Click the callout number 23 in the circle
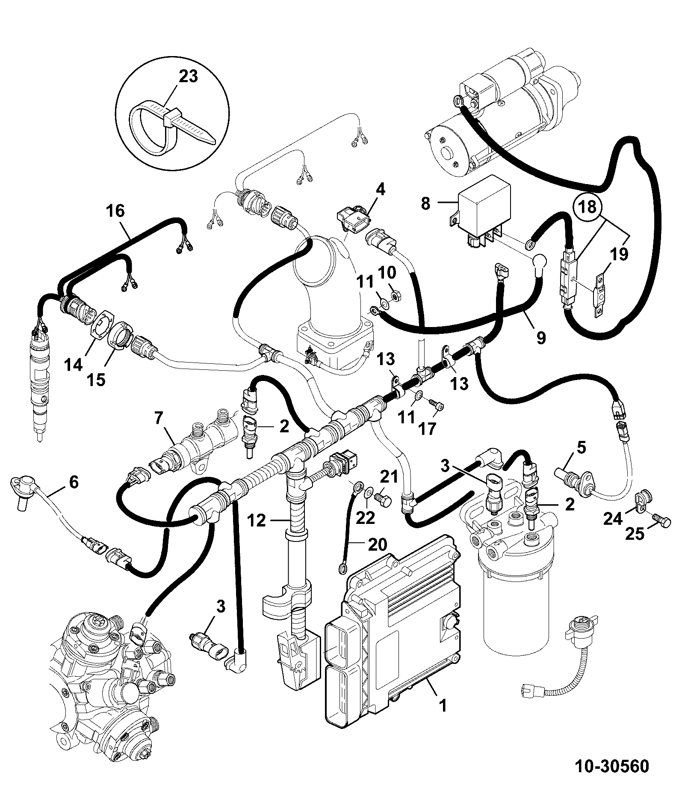point(189,77)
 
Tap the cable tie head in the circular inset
point(172,118)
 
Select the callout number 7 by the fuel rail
point(159,419)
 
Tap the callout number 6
point(74,483)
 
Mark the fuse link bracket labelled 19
point(599,295)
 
